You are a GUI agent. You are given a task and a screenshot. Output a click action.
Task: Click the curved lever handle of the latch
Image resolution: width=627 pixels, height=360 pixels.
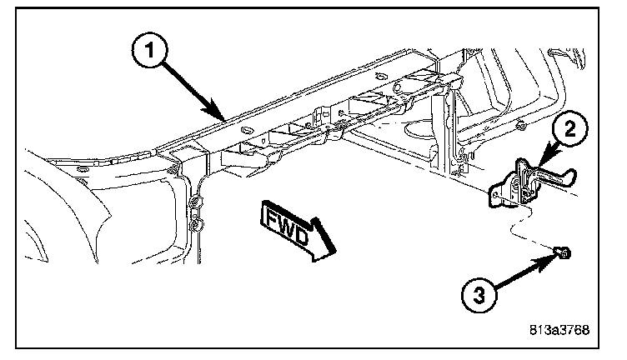click(554, 177)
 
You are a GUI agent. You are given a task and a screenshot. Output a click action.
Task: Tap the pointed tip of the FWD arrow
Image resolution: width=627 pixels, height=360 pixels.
click(336, 251)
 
